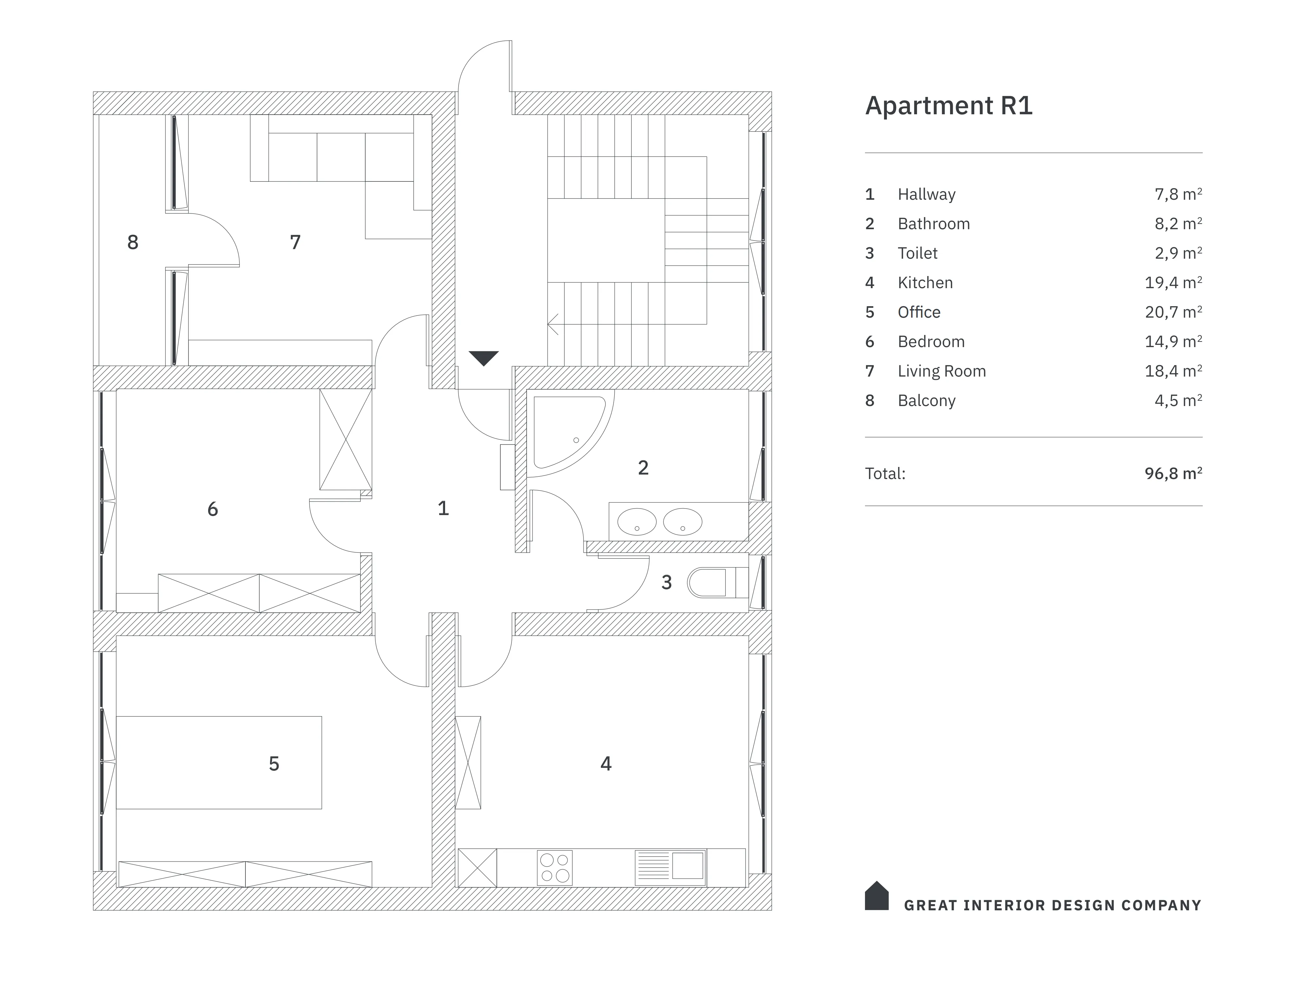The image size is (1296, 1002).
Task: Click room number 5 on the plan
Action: pos(274,763)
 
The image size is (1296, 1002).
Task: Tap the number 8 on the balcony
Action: pos(133,242)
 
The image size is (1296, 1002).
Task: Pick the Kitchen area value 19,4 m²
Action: pos(1173,283)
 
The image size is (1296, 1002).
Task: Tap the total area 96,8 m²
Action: pos(1173,473)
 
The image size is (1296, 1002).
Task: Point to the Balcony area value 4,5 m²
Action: pos(1178,401)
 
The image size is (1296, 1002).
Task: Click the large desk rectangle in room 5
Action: pos(219,763)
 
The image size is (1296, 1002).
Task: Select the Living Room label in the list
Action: pos(942,371)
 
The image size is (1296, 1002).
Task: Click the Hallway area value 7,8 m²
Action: pos(1178,194)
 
